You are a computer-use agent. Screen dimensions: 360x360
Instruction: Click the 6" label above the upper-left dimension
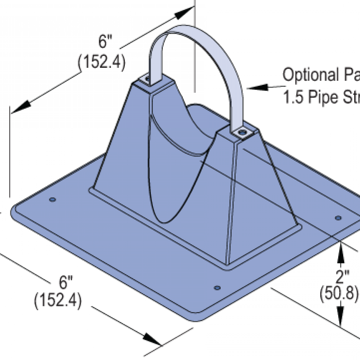[104, 42]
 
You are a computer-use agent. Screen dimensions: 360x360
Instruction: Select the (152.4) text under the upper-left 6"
[101, 62]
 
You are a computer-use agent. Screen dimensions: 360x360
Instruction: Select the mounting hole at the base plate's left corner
[52, 200]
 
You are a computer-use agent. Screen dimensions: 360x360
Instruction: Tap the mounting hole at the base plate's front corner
[218, 287]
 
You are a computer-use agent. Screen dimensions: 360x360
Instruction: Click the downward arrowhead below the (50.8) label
[340, 320]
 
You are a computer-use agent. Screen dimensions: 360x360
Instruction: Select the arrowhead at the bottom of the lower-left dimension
[153, 339]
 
